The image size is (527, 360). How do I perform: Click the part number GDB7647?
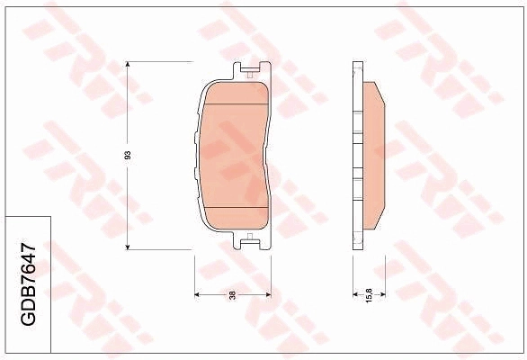pyautogui.click(x=28, y=284)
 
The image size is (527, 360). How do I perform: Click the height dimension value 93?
pyautogui.click(x=128, y=156)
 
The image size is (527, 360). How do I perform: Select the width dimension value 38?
pyautogui.click(x=232, y=295)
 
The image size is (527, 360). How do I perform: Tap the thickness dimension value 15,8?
pyautogui.click(x=369, y=295)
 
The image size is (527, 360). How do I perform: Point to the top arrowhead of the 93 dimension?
pyautogui.click(x=127, y=64)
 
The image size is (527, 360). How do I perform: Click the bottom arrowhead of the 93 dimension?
pyautogui.click(x=127, y=247)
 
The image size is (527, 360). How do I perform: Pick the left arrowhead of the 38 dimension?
pyautogui.click(x=198, y=294)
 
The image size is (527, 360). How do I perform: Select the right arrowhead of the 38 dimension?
pyautogui.click(x=268, y=294)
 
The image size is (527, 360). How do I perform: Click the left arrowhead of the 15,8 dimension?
pyautogui.click(x=355, y=294)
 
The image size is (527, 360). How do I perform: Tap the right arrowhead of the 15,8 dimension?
pyautogui.click(x=383, y=294)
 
